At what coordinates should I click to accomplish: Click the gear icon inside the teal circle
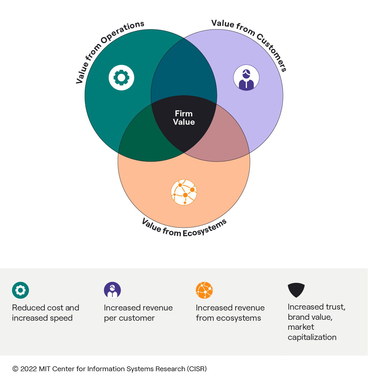(121, 78)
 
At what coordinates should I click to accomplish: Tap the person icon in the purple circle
(246, 78)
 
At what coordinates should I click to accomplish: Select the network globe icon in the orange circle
(184, 192)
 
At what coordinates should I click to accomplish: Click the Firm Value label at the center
(184, 118)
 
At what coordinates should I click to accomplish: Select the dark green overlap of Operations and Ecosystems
(141, 138)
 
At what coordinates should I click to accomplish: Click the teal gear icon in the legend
(20, 290)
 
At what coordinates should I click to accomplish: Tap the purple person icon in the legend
(112, 290)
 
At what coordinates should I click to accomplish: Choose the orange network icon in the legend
(204, 290)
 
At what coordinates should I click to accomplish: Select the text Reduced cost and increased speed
(45, 313)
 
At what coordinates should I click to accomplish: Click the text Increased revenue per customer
(138, 313)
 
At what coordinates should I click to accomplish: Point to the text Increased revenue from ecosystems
(230, 313)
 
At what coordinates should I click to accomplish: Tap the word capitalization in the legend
(312, 337)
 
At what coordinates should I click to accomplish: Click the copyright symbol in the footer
(15, 369)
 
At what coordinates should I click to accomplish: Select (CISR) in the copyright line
(197, 369)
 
